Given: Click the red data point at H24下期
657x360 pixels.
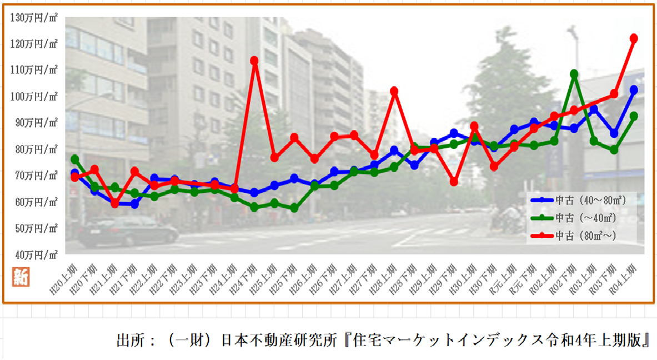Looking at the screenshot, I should (x=254, y=61).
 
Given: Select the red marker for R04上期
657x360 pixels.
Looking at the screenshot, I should (x=634, y=38).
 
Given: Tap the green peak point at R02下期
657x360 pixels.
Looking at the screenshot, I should (x=574, y=74).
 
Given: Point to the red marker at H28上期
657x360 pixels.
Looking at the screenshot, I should (x=394, y=91).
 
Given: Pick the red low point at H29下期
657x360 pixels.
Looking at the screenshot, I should (x=454, y=182).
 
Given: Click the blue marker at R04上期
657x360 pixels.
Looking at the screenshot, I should (x=634, y=89).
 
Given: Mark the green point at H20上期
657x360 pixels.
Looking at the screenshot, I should (x=75, y=159).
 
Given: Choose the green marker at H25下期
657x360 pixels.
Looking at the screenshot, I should (x=294, y=208).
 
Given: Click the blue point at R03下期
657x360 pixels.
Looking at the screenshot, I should (x=614, y=133).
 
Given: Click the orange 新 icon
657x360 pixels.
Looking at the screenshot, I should (x=20, y=276).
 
